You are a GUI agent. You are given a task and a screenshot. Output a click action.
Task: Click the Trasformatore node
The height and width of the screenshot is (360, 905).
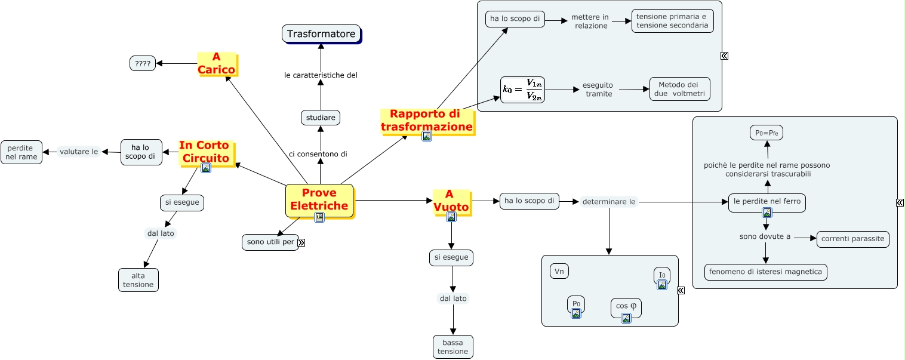(x=321, y=34)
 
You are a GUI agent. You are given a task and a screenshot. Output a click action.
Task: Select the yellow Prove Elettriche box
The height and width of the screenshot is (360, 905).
(x=319, y=199)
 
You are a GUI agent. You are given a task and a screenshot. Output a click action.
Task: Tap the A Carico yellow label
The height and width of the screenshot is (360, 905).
(x=217, y=63)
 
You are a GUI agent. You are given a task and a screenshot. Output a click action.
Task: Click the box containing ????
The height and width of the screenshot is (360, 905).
(x=143, y=63)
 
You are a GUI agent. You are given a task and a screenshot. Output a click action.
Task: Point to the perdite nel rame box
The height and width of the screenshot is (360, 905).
(x=21, y=152)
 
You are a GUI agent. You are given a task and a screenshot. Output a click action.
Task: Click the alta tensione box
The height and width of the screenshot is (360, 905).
(x=138, y=280)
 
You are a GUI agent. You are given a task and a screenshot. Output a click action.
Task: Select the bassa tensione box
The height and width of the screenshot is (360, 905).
(x=452, y=347)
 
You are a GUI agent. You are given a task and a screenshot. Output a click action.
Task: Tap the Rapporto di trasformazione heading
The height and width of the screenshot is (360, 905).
(x=426, y=120)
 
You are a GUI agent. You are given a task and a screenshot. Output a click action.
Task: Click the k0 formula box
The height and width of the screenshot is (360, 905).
(x=522, y=90)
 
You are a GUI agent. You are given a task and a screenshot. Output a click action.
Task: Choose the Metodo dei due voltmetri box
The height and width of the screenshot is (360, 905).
(x=679, y=89)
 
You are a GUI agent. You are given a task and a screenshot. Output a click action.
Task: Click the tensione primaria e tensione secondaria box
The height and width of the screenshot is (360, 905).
(x=672, y=21)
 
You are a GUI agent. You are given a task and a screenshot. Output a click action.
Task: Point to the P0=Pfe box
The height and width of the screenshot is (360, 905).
(x=766, y=133)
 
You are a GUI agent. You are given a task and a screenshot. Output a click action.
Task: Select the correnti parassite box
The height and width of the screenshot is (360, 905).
(x=852, y=239)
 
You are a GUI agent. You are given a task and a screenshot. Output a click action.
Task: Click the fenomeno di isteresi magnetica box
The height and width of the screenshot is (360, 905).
(x=765, y=272)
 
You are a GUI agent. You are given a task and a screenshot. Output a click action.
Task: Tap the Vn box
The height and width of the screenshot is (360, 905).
(x=559, y=272)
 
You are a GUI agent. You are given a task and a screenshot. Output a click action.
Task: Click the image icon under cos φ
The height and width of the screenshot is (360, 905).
(x=626, y=318)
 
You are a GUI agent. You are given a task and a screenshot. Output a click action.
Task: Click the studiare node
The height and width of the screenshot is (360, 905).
(x=321, y=118)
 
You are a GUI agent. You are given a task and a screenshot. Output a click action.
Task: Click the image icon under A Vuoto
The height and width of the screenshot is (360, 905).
(x=451, y=217)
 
